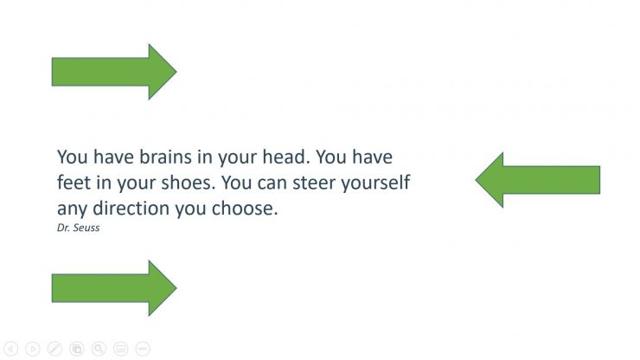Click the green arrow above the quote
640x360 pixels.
112,71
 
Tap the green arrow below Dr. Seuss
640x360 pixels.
112,287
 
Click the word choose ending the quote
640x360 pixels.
246,209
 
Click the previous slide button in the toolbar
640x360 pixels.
11,349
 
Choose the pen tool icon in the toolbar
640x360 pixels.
54,349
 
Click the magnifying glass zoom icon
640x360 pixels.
99,349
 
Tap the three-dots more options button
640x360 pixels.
143,349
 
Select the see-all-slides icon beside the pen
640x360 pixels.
77,349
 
